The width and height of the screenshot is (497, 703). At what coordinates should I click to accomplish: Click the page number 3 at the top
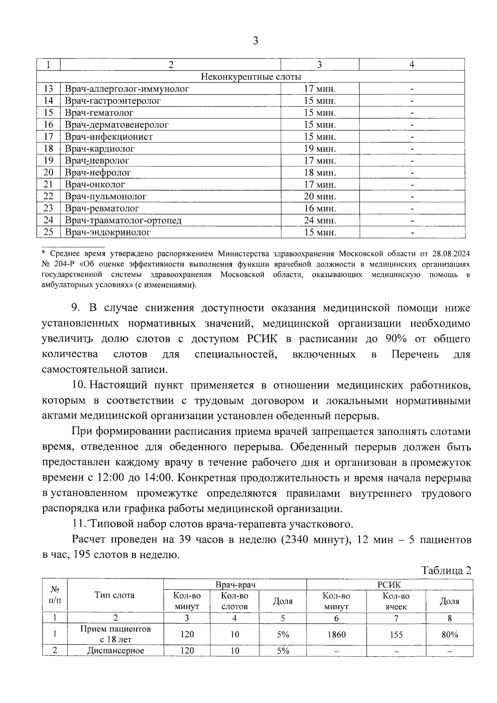tap(255, 41)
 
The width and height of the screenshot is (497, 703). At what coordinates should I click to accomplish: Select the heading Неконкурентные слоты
tap(251, 77)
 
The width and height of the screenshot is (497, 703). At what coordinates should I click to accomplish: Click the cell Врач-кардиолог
tap(100, 149)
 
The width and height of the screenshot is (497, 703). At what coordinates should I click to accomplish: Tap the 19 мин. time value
tap(320, 149)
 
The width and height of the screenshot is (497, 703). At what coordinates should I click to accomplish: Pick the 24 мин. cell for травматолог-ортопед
tap(320, 220)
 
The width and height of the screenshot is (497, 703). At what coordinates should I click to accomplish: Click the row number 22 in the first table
tap(48, 196)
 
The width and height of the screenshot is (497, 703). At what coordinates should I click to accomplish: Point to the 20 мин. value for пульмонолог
tap(320, 196)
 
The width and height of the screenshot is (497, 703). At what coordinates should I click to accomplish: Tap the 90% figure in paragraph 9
tap(396, 339)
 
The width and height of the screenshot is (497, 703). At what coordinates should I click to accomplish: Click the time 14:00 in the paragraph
tap(158, 478)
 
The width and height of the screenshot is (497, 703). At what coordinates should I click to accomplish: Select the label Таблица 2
tap(446, 570)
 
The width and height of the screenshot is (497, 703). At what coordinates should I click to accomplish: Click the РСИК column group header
tap(389, 584)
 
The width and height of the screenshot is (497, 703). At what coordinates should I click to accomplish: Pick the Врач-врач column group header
tap(235, 584)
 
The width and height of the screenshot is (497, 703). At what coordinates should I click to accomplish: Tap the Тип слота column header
tap(114, 595)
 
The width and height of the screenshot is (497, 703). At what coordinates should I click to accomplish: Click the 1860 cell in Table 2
tap(336, 634)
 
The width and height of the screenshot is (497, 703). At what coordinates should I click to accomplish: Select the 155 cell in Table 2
tap(396, 634)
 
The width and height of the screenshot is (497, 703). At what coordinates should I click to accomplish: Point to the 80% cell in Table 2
tap(449, 634)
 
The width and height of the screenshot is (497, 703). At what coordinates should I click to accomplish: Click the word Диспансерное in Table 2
tap(116, 650)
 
